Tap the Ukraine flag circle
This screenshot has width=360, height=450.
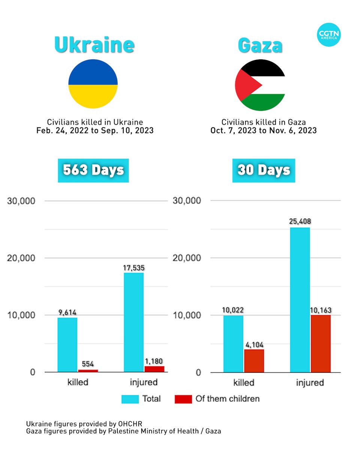93,84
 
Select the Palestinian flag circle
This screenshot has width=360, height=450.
260,86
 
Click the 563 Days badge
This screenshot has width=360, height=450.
93,170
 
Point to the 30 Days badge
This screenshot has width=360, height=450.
264,170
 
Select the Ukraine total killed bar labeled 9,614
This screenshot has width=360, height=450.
67,345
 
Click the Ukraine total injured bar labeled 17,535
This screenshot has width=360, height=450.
133,322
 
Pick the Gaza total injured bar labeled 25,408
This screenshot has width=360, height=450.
300,300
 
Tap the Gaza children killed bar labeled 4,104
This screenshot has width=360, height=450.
254,361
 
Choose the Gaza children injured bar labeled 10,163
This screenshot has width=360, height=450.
321,343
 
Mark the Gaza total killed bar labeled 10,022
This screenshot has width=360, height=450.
233,344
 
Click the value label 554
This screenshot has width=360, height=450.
88,364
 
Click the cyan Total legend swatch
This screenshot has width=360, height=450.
130,399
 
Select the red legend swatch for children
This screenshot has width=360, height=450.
183,399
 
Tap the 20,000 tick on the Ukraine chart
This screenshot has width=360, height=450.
22,258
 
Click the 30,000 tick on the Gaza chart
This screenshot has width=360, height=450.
188,201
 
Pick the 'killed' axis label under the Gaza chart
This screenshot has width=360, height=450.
244,383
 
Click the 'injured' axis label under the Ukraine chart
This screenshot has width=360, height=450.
144,383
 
